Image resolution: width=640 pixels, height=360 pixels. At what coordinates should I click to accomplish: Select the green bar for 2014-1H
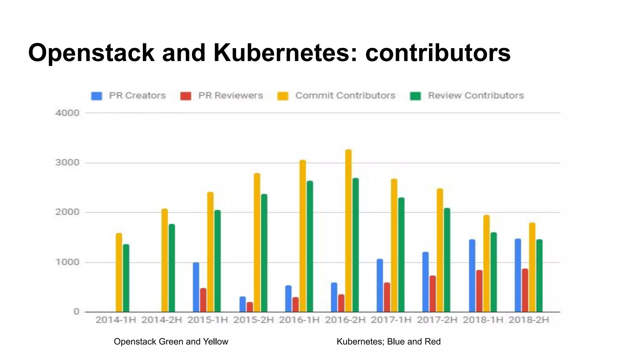126,278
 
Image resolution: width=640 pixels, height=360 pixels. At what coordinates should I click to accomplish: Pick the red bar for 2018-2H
525,290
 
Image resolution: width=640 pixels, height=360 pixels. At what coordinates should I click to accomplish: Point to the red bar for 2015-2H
250,307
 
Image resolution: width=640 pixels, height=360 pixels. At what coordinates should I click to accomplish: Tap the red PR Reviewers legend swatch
186,96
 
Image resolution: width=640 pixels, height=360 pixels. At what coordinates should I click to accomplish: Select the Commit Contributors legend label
345,96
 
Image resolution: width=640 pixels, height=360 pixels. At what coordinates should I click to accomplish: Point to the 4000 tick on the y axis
67,113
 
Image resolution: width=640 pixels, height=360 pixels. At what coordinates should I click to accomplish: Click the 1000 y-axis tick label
67,262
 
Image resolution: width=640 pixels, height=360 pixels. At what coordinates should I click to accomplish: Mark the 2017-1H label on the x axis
391,320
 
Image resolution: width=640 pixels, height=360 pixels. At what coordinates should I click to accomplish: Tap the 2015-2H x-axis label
253,320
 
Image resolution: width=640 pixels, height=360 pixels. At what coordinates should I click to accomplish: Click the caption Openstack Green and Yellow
171,342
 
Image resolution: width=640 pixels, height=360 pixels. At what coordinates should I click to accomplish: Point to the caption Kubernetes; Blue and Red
388,342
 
